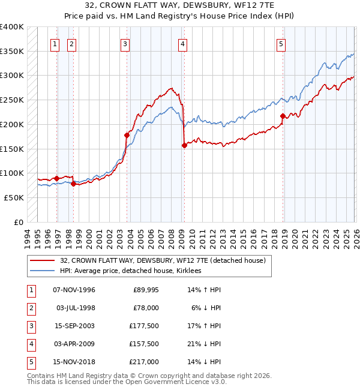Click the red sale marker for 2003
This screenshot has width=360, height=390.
point(127,136)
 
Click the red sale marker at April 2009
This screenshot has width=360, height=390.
point(184,145)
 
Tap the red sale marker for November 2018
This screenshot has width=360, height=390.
point(283,116)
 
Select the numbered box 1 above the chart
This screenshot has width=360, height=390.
point(55,43)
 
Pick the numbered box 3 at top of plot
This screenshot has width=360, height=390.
point(125,43)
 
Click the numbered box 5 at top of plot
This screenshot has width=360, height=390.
point(281,43)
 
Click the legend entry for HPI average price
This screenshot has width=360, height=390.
point(130,271)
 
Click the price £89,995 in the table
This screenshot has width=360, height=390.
point(145,290)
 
